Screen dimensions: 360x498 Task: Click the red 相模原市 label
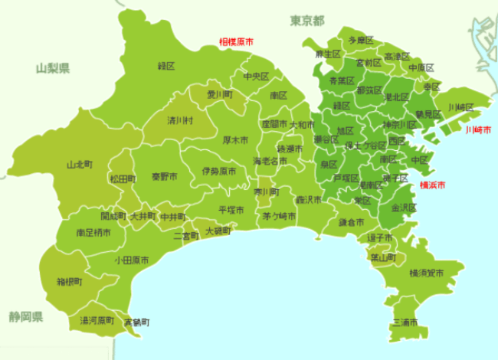pos(236,42)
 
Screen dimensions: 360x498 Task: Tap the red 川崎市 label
pos(480,129)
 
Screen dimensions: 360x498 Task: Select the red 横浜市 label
pos(434,185)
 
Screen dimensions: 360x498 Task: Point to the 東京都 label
pos(307,20)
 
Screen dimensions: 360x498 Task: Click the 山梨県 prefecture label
pos(53,68)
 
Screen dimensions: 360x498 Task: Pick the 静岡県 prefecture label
pos(26,316)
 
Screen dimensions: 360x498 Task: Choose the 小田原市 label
pos(132,260)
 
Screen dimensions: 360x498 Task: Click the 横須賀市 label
pos(426,272)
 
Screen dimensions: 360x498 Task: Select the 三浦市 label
pos(405,323)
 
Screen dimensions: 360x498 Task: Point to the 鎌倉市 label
pos(352,222)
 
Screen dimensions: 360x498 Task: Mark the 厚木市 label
pos(235,141)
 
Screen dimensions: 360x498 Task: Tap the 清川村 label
pos(180,120)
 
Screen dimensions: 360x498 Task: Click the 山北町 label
pos(80,164)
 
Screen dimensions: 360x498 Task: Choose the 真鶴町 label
pos(138,322)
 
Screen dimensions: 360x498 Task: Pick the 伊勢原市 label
pos(218,172)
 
